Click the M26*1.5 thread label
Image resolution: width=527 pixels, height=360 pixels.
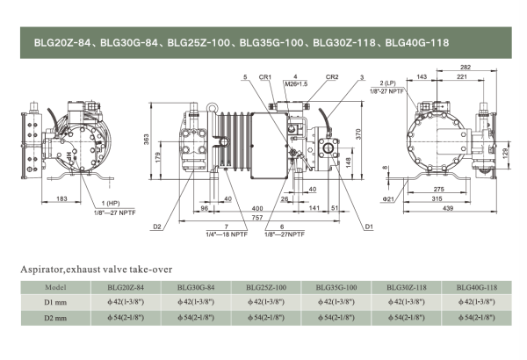(x=296, y=84)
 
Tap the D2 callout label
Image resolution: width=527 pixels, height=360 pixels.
(x=156, y=227)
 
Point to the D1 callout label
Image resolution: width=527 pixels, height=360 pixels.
(x=369, y=227)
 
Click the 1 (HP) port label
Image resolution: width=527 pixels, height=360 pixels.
(x=107, y=204)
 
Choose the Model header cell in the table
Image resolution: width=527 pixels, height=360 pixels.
(x=54, y=286)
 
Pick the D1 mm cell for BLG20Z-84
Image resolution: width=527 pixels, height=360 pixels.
(x=125, y=301)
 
